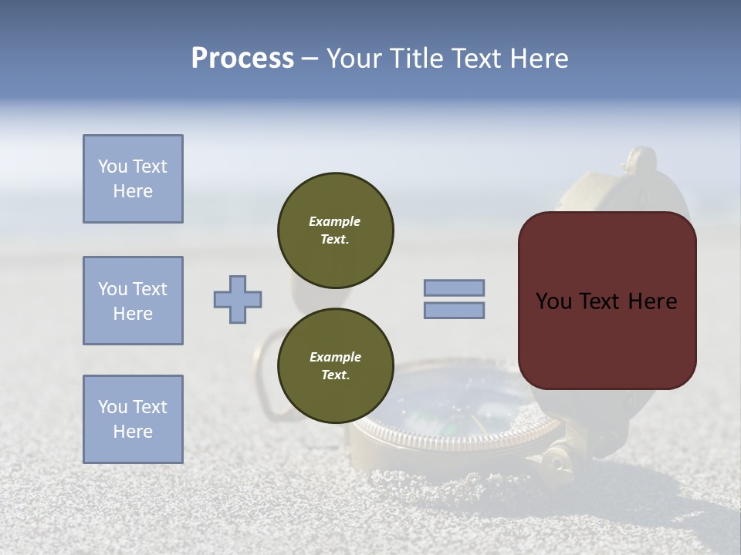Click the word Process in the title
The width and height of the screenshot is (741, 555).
(x=242, y=59)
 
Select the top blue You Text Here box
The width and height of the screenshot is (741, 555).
(x=133, y=179)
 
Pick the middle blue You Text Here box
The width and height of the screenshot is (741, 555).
(x=133, y=301)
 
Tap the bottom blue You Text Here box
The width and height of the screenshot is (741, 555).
(x=133, y=419)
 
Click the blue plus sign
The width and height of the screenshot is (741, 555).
(x=238, y=299)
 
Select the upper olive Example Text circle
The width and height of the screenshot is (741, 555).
(x=335, y=230)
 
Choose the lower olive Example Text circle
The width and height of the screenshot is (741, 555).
(x=335, y=366)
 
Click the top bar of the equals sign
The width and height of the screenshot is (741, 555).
(x=454, y=288)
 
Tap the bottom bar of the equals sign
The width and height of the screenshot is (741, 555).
(x=454, y=311)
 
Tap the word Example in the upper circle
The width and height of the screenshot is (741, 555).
(x=335, y=221)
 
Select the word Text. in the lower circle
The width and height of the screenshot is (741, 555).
(x=335, y=375)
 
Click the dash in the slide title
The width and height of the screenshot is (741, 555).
(x=310, y=59)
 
